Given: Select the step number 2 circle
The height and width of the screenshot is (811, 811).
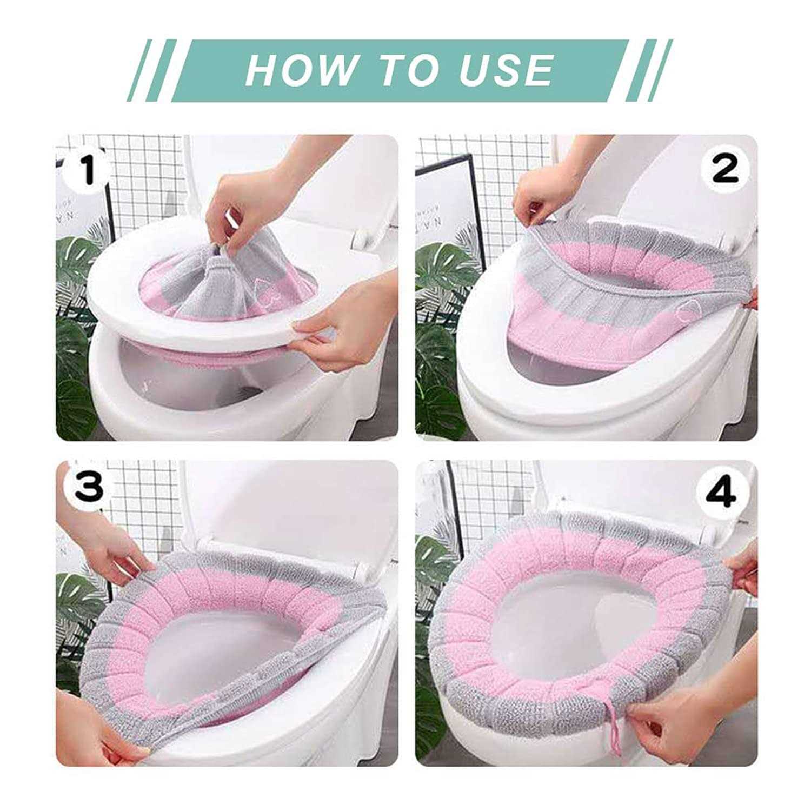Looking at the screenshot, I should pyautogui.click(x=725, y=169).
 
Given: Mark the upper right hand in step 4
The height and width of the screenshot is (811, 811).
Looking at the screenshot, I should pyautogui.click(x=743, y=568).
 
